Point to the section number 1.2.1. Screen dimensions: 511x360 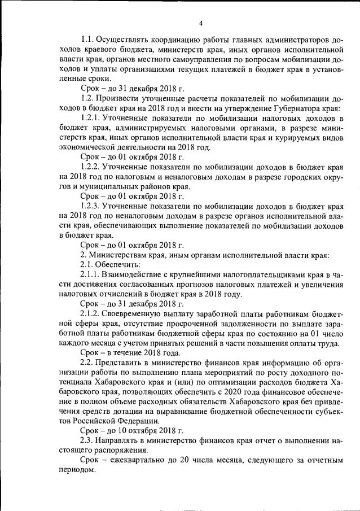[91, 119]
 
